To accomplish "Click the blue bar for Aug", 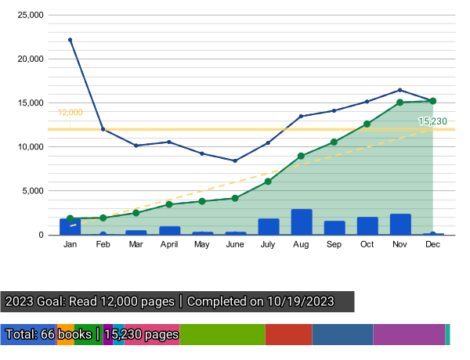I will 302,221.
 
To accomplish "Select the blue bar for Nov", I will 400,224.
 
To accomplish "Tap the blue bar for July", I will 269,226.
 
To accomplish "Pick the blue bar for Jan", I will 70,226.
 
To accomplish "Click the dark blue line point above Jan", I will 70,39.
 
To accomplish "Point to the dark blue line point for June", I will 235,160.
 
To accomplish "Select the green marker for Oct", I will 367,124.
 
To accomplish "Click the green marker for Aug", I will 301,156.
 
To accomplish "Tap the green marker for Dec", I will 433,101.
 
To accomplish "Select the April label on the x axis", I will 169,244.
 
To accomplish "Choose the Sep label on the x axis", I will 334,244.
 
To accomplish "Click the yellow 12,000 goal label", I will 70,113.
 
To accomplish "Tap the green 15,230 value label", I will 433,121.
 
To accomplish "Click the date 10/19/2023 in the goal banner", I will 299,301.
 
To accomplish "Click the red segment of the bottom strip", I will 288,334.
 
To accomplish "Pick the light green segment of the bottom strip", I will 222,334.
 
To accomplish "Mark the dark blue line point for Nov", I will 399,90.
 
